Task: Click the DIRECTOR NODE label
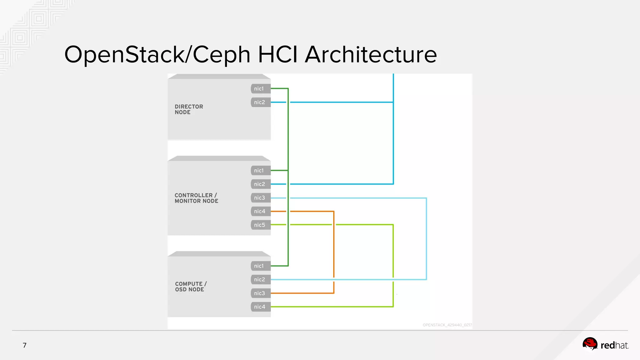coord(189,109)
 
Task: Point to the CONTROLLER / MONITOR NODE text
coord(196,198)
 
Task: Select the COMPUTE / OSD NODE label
coord(191,287)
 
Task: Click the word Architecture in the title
coord(371,55)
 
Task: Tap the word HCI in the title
coord(277,55)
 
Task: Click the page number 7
coord(25,345)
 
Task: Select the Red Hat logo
coord(605,345)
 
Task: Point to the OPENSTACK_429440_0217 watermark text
coord(447,325)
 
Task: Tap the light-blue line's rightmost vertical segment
coord(426,237)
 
